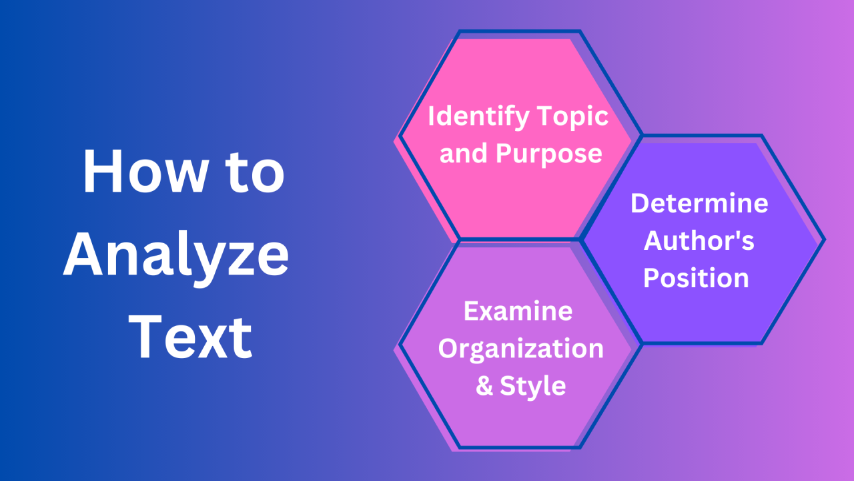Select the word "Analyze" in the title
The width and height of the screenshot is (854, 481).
[x=176, y=257]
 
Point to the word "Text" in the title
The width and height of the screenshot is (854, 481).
[x=190, y=338]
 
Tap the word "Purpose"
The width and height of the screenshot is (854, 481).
[x=549, y=154]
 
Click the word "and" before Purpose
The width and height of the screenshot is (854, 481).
[x=464, y=154]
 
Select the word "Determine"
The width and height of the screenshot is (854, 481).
[x=699, y=204]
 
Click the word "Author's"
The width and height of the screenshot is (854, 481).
[x=699, y=241]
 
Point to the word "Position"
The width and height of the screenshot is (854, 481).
[x=696, y=279]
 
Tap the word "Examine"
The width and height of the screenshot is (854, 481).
[x=518, y=311]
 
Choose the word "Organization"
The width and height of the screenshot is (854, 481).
[x=520, y=349]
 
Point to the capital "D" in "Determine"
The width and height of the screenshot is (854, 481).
[x=640, y=204]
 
